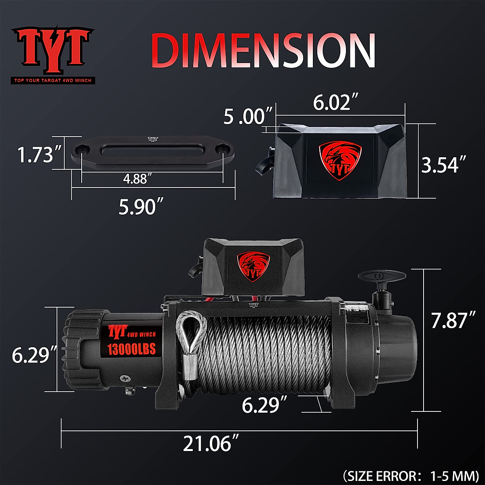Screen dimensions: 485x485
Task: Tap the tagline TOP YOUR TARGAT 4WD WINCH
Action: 53,80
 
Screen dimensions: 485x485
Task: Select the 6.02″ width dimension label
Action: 332,103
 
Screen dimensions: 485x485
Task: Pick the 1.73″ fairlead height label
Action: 36,154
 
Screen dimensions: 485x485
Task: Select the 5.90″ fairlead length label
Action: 137,207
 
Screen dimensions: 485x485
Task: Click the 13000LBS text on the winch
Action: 131,348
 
